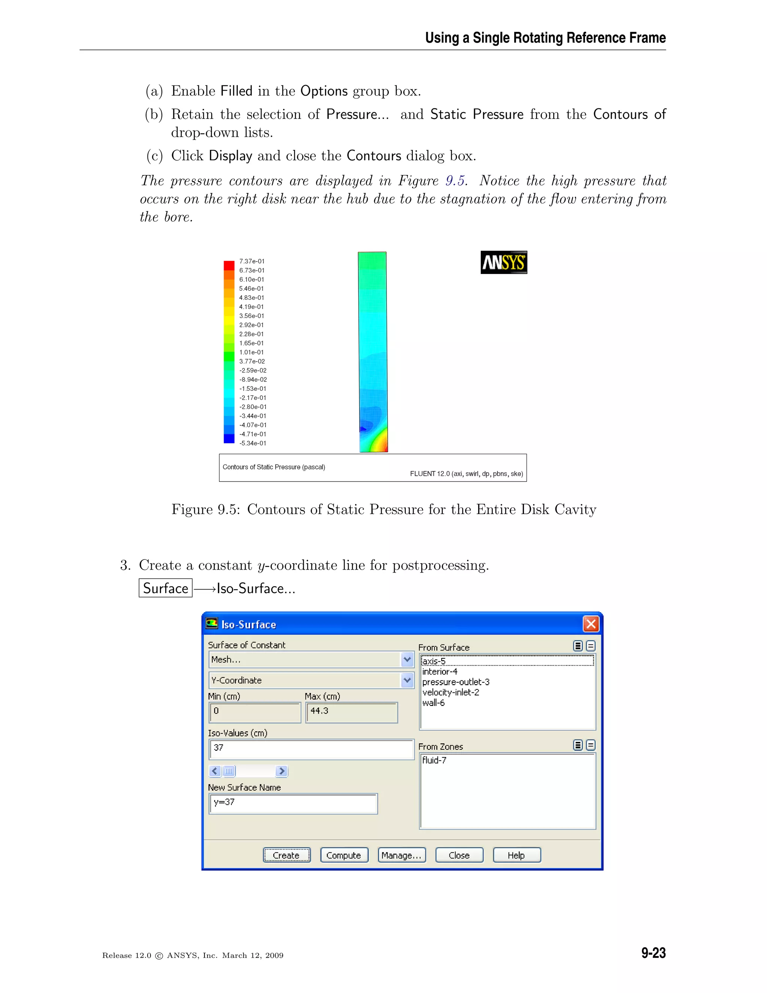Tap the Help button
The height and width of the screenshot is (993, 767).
(x=516, y=855)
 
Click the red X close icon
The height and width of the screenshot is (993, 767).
(x=590, y=624)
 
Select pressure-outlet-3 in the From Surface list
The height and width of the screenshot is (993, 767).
(x=456, y=682)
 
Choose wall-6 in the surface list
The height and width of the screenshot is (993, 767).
(x=433, y=703)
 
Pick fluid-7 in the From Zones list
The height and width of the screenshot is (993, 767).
(x=434, y=760)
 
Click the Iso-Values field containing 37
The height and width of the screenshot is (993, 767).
(x=311, y=749)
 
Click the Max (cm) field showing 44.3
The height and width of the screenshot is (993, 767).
(x=351, y=712)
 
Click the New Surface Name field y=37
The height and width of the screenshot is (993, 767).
(x=293, y=803)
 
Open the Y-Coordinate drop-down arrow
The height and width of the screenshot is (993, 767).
(x=407, y=680)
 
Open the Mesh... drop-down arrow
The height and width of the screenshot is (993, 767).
(x=407, y=659)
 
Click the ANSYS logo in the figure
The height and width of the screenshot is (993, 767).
(x=503, y=262)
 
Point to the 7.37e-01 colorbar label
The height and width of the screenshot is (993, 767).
(x=252, y=261)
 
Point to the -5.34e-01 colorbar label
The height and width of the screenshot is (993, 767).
(x=253, y=443)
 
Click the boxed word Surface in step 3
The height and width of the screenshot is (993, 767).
(x=166, y=588)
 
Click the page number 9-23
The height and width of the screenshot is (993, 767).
(x=653, y=953)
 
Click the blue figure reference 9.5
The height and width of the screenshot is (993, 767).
(x=455, y=181)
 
